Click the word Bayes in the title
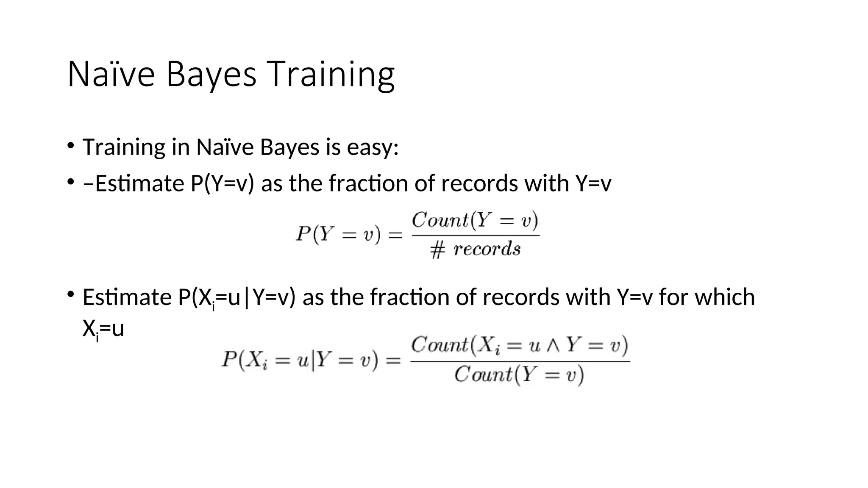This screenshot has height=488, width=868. coord(211,75)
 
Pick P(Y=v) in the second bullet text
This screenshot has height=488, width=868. coord(222,183)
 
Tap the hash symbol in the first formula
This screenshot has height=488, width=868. coord(437,250)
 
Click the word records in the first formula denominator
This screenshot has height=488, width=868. coord(487,249)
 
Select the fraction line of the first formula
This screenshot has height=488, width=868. coord(476,236)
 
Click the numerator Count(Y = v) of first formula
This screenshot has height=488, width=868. coord(475,220)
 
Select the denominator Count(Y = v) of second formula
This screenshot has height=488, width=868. coord(519,375)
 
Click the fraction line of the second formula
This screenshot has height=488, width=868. coord(520,361)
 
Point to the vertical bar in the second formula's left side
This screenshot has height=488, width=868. coord(313,361)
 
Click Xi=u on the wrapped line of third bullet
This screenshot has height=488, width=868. coord(103,330)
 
